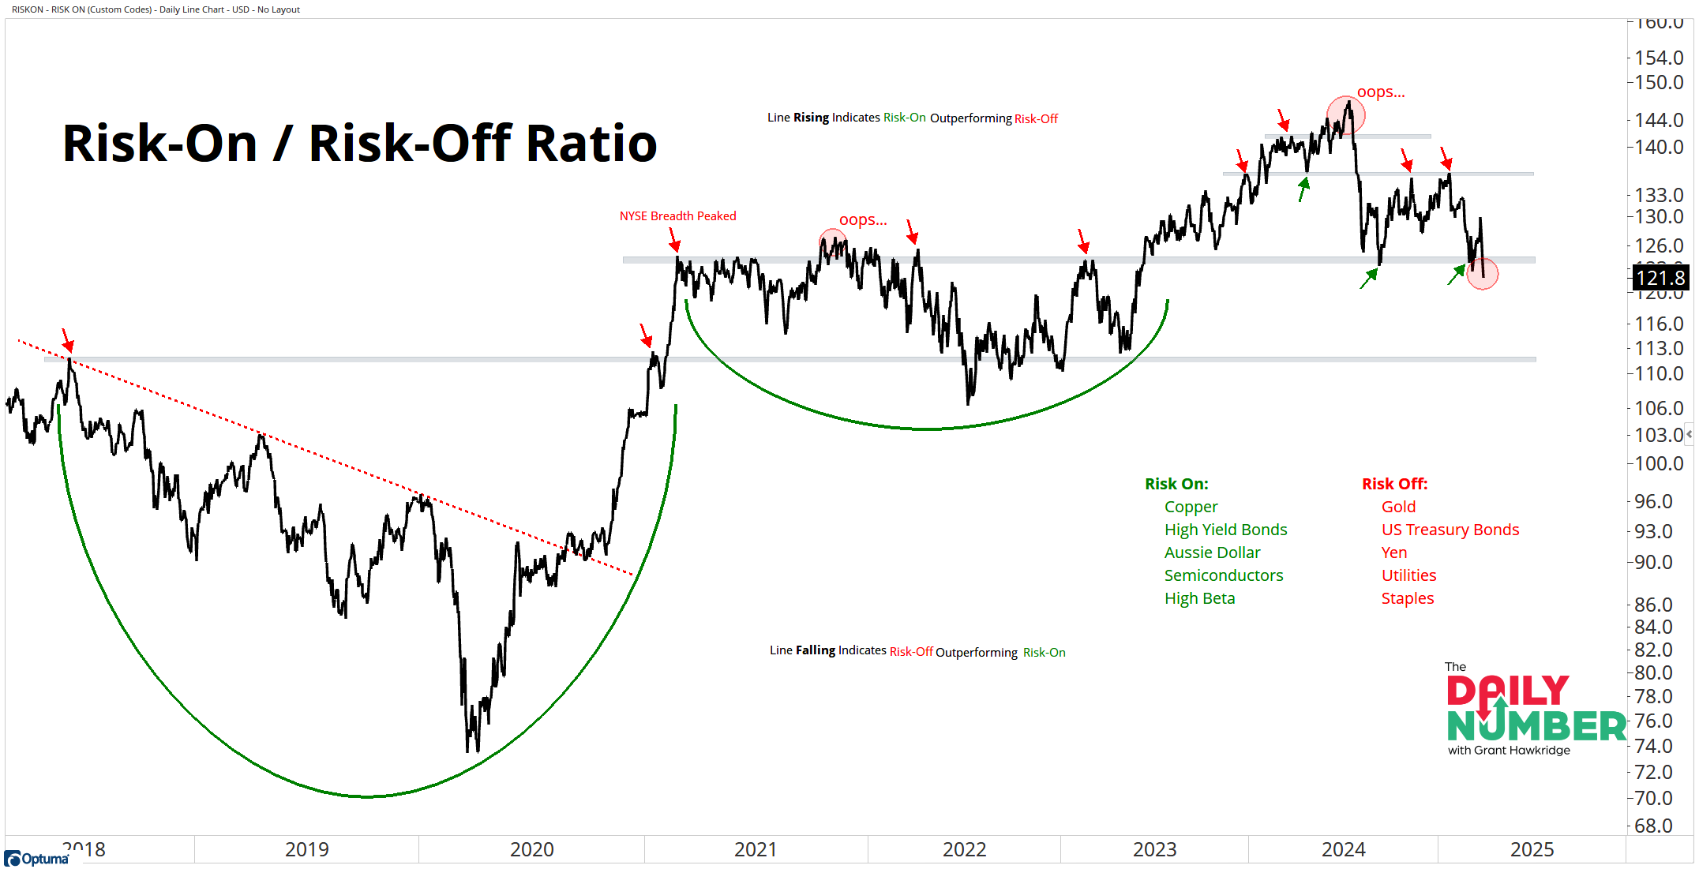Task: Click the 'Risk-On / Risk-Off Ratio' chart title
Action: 359,144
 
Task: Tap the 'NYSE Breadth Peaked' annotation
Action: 677,216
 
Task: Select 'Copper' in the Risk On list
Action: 1191,507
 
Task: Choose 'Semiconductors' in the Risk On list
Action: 1224,575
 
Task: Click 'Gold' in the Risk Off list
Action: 1398,507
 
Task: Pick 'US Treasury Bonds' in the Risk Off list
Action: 1450,530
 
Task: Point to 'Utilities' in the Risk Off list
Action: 1408,575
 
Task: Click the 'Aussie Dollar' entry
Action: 1212,552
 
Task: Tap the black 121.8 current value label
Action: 1660,278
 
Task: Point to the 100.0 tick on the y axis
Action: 1659,464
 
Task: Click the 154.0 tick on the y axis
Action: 1659,58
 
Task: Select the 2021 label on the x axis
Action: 756,849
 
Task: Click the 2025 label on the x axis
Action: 1532,849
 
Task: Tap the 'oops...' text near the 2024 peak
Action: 1381,92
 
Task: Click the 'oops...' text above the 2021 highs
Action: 863,220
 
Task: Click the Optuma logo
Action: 37,858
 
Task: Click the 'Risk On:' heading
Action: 1176,484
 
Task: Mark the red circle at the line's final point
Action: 1483,275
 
